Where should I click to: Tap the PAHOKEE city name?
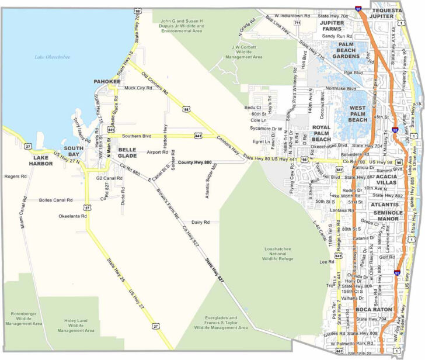(x=107, y=81)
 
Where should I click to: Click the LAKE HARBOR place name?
(x=43, y=161)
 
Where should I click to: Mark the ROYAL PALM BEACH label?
(x=321, y=133)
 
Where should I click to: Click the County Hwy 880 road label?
(x=195, y=162)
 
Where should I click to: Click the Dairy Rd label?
(x=200, y=222)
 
